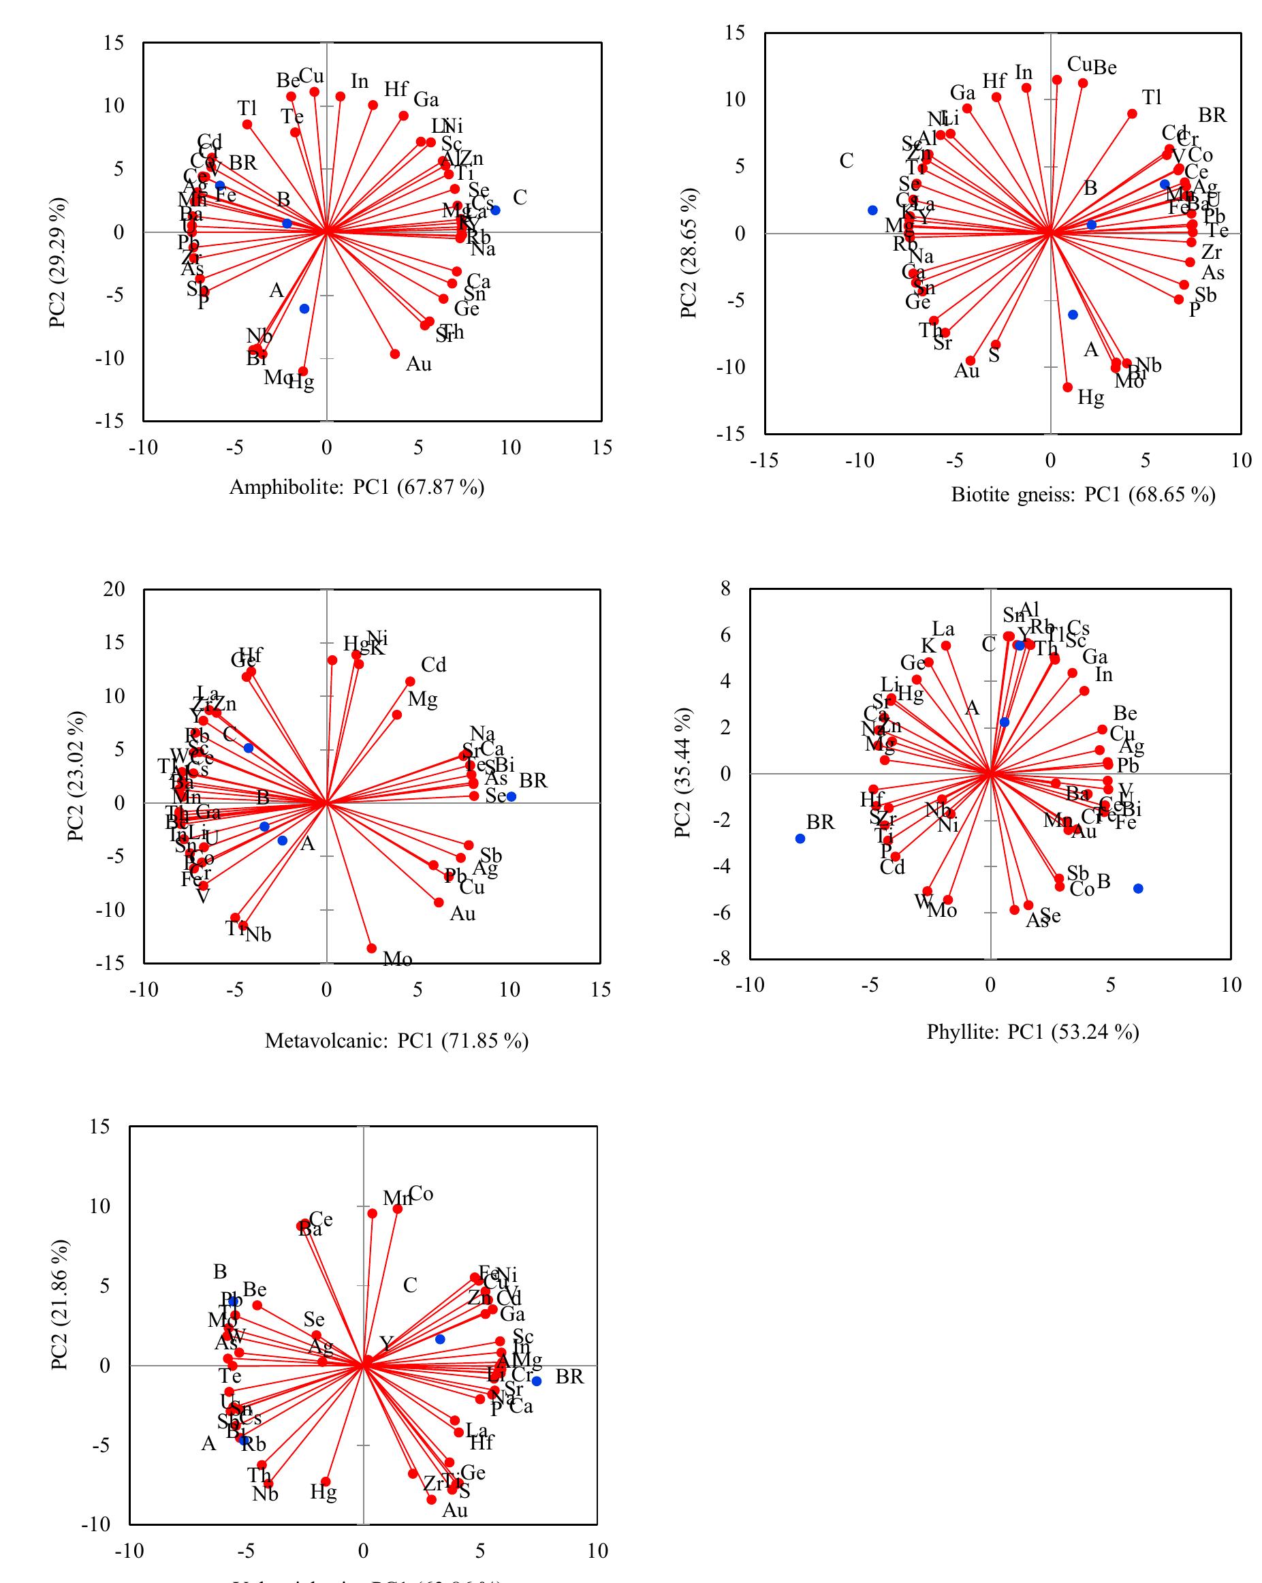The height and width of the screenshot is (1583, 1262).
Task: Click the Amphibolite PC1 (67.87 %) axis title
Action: [357, 487]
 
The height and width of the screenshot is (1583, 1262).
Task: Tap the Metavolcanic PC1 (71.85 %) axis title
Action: [396, 1040]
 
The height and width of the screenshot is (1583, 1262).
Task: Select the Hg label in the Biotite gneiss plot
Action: [1090, 398]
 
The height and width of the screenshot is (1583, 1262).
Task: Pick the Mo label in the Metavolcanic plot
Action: [397, 959]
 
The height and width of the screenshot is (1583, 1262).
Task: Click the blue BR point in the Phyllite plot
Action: [800, 838]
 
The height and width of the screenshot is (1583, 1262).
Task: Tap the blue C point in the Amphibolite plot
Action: [496, 210]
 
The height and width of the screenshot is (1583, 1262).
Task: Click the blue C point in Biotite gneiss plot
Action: [872, 210]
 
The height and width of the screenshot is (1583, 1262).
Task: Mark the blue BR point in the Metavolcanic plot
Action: [511, 797]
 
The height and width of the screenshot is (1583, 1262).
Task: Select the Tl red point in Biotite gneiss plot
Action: [1132, 114]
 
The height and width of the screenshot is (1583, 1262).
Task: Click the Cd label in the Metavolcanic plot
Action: [433, 665]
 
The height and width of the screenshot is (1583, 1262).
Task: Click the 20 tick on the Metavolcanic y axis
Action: [114, 589]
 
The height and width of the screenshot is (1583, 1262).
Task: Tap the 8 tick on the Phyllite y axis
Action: [726, 588]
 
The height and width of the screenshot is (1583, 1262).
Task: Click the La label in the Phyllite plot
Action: [943, 629]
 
